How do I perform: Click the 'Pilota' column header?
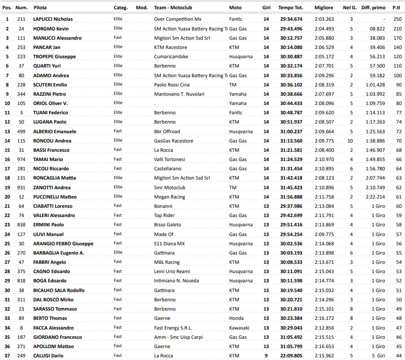click(x=40, y=7)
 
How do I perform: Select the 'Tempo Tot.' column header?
click(x=291, y=7)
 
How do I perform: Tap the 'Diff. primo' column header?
click(x=373, y=7)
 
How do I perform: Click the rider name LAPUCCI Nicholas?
click(x=53, y=19)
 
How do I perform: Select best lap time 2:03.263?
click(x=324, y=19)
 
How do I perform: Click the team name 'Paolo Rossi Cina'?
click(x=172, y=85)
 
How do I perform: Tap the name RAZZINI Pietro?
click(x=49, y=94)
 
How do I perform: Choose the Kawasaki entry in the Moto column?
click(x=239, y=328)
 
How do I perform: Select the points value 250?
click(x=397, y=19)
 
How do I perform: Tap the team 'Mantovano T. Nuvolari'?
click(x=179, y=94)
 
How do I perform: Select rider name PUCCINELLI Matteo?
click(x=55, y=197)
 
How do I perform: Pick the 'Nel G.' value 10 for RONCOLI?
click(x=350, y=141)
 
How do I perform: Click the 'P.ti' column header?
click(x=396, y=7)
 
